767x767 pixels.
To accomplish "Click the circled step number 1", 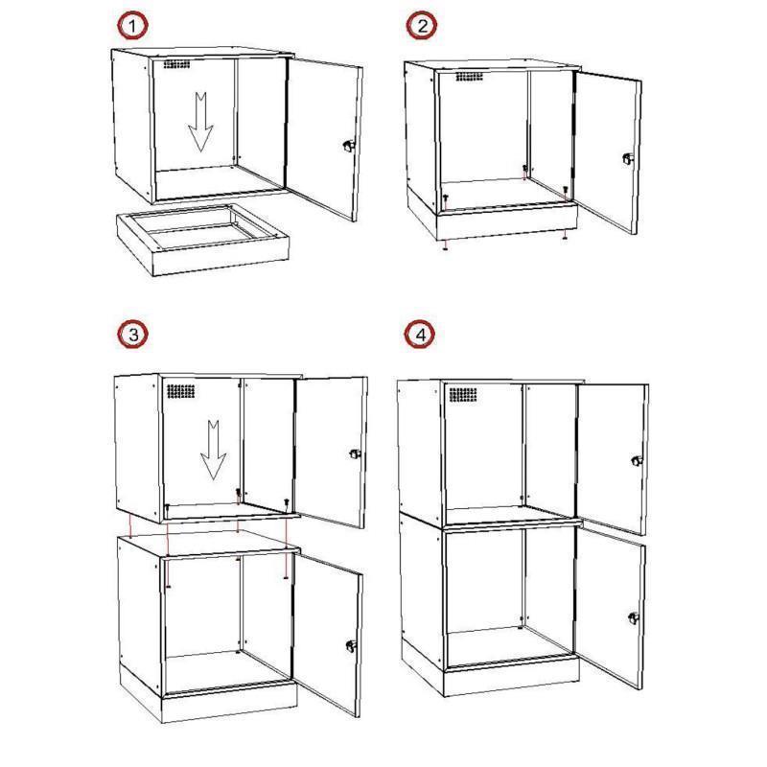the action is pos(132,26).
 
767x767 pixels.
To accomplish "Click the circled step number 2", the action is pos(422,26).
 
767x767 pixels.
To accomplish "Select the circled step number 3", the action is pos(132,334).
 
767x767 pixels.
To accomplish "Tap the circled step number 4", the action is pos(420,335).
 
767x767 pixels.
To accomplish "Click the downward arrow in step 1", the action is pos(200,122).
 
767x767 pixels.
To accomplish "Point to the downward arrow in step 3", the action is pos(213,450).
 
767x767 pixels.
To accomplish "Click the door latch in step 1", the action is pos(348,145).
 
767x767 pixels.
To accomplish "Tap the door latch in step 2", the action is pos(628,158).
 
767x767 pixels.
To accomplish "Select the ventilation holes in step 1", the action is pos(176,64).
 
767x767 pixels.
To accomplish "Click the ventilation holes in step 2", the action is pos(469,77).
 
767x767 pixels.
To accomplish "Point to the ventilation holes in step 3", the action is pos(181,391).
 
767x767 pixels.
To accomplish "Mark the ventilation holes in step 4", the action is pos(463,395).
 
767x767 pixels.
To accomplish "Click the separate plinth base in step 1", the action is pos(203,240).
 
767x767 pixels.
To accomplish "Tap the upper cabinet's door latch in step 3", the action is pos(355,453).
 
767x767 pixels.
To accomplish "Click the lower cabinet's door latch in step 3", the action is pos(351,645).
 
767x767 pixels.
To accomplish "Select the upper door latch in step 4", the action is pos(637,460).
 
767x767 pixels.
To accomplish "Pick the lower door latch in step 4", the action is pos(634,618).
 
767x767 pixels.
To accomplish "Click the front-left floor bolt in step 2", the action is pos(446,198).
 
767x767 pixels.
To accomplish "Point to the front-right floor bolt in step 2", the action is pos(566,189).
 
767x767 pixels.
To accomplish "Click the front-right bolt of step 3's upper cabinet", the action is pos(286,502).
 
